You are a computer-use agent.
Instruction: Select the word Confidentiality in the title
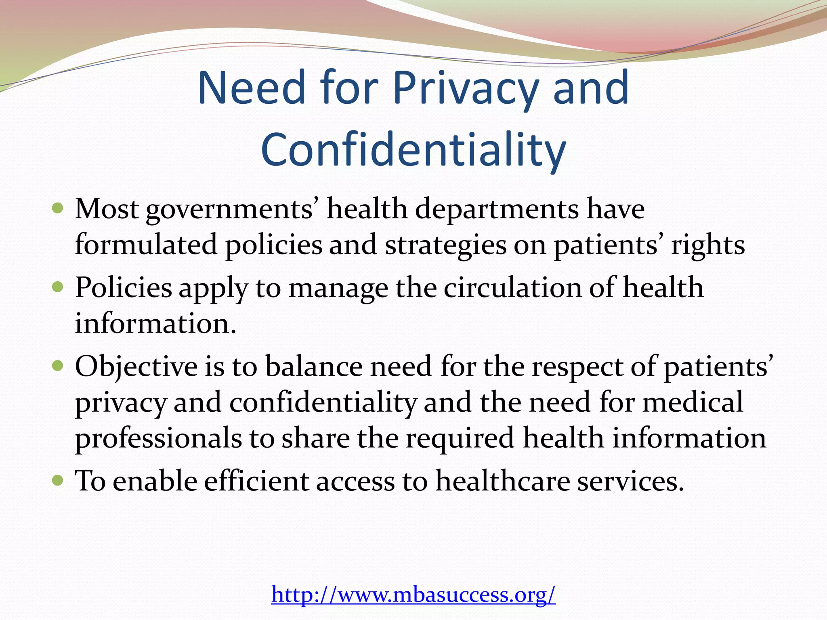tap(413, 150)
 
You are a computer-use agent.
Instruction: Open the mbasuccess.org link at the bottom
tap(413, 594)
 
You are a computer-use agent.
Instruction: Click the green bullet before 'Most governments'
tap(58, 209)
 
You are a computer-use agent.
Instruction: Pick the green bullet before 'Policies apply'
tap(58, 287)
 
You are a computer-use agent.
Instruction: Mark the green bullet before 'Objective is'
tap(58, 366)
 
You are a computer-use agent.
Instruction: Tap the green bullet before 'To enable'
tap(58, 481)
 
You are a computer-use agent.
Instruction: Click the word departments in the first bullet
tap(497, 209)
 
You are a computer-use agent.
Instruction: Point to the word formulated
tap(146, 245)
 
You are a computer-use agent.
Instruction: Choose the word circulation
tap(513, 288)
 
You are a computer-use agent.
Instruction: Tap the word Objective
tap(136, 367)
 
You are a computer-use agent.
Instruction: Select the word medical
tap(693, 402)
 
